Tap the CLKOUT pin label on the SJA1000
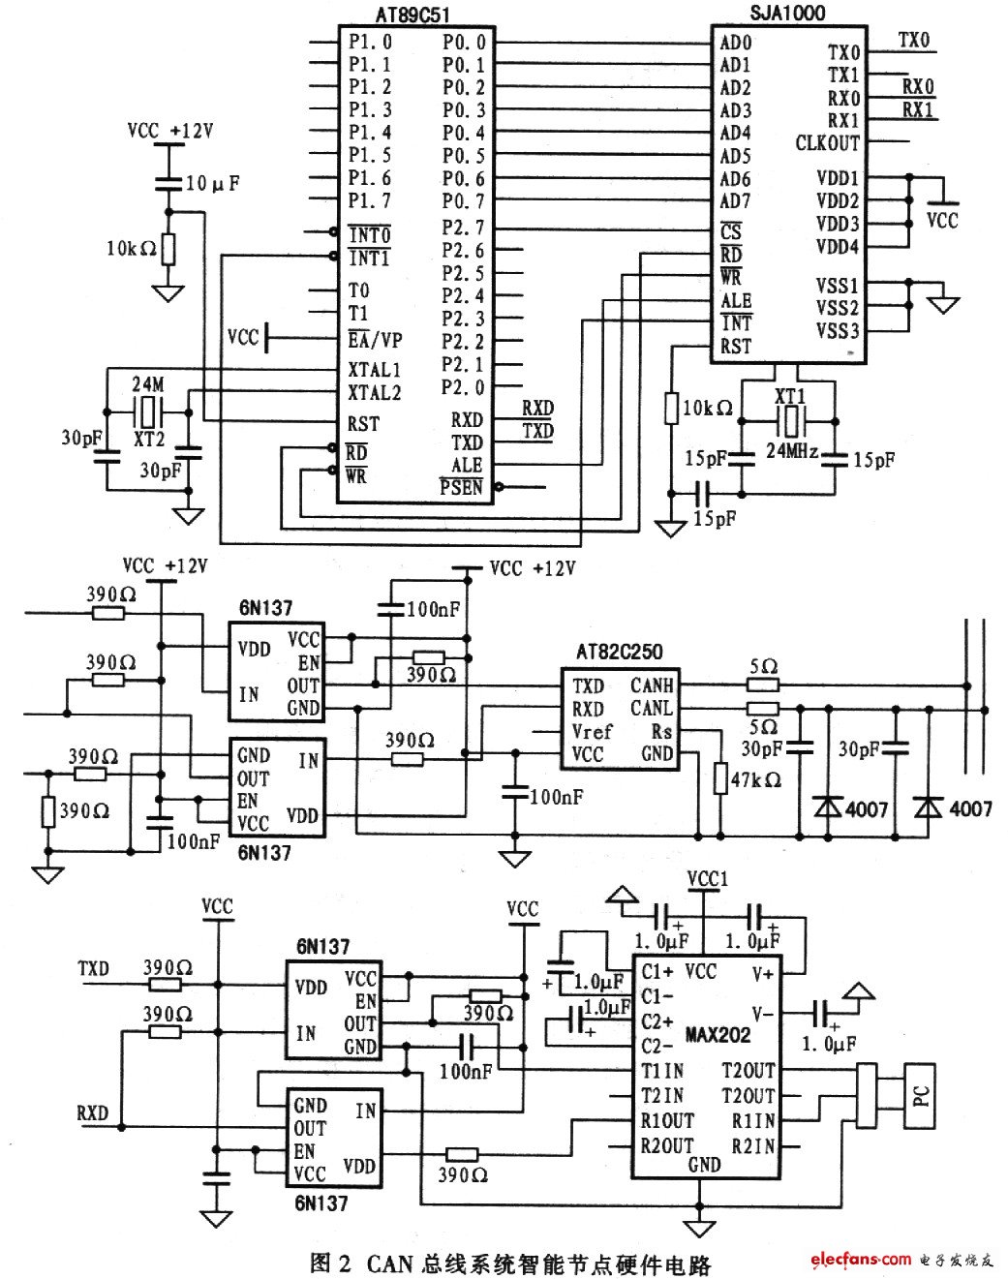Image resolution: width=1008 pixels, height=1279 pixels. [827, 143]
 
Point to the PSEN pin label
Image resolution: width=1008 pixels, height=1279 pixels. [461, 487]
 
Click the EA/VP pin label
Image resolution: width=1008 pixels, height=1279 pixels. [375, 341]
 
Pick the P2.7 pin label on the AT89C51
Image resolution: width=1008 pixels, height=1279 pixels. [464, 228]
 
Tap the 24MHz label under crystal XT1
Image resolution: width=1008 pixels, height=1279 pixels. [792, 451]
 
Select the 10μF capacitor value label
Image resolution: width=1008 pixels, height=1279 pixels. [211, 183]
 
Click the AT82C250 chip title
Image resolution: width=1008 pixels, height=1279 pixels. [619, 652]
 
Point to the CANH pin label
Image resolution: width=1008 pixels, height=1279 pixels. [652, 685]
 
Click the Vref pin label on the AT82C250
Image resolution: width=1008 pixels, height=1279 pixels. [592, 732]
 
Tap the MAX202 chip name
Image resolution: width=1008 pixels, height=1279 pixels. [718, 1035]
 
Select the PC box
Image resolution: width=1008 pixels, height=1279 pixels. [920, 1096]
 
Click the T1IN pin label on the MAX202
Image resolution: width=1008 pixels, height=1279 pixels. [662, 1071]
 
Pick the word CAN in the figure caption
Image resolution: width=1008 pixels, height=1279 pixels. [389, 1264]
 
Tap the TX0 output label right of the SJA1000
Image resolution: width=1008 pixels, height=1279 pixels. [913, 41]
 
